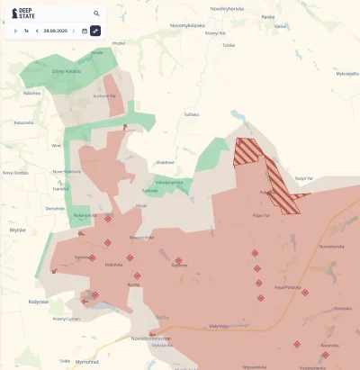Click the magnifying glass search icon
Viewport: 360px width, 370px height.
(96, 14)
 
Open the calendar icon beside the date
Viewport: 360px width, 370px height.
(85, 31)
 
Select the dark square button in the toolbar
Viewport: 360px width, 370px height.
(96, 31)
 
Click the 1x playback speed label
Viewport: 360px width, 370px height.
(27, 31)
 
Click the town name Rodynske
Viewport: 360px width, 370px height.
(38, 302)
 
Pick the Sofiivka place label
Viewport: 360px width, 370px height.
(191, 114)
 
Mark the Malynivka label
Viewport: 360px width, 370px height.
(219, 326)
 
